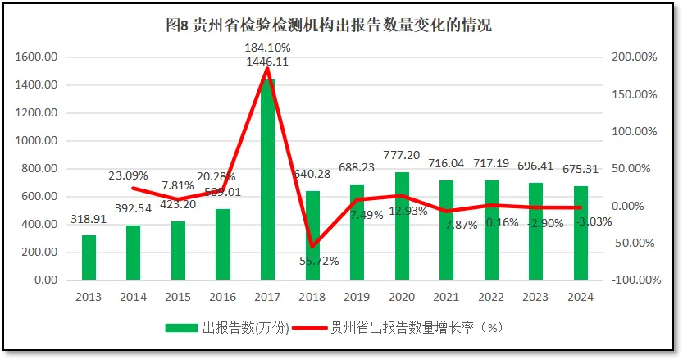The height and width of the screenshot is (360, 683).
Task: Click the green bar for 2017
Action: [x=268, y=180]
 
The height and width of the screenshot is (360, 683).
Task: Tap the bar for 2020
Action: [x=402, y=226]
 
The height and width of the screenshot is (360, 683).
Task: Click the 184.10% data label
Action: [x=267, y=48]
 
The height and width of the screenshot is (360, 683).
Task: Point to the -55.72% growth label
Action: [x=312, y=261]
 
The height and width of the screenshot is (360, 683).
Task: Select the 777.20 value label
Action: [x=402, y=155]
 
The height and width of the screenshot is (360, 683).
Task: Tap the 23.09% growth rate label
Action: [x=134, y=175]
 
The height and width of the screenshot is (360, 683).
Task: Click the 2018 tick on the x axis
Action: [x=312, y=296]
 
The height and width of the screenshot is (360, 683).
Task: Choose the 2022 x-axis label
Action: [x=491, y=296]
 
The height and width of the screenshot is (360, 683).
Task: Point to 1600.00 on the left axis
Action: [x=35, y=57]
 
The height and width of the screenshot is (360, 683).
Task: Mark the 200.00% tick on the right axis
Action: [x=635, y=57]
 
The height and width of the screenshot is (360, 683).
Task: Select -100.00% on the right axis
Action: [x=635, y=280]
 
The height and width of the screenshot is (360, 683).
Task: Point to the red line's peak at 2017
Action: [x=267, y=68]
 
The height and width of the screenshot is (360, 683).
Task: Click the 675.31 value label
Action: [x=581, y=170]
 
